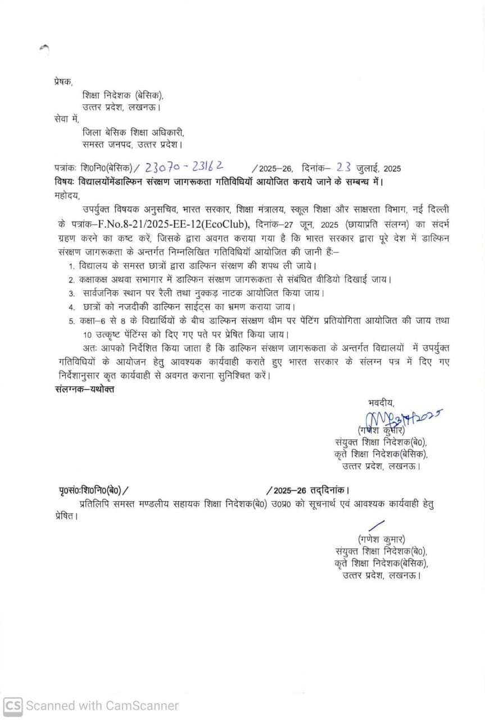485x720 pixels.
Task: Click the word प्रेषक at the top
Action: [63, 82]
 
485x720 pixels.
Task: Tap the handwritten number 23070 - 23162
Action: [185, 166]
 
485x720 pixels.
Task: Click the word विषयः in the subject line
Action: [67, 182]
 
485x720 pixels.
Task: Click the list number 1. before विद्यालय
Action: [71, 265]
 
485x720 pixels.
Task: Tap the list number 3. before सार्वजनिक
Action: [71, 293]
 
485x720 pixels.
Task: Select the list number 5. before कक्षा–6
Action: [71, 321]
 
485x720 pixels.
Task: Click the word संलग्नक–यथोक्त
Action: [84, 389]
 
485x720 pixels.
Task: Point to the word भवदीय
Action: [381, 402]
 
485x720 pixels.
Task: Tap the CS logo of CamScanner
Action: [13, 705]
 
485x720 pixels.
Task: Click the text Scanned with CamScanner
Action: [102, 705]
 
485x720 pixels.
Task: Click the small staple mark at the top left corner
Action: [44, 49]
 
